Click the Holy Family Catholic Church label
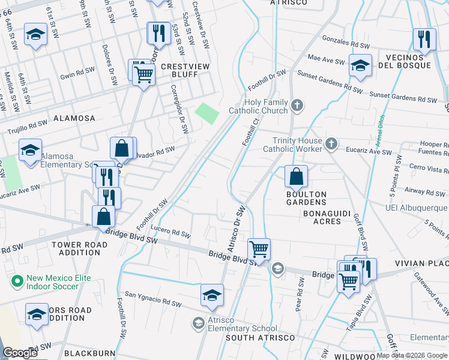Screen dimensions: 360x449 point(258,106)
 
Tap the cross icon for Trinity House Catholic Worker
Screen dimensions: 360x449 point(331,144)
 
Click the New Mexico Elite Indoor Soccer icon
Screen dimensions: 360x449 point(17,280)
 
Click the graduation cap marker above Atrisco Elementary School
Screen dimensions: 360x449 point(212,296)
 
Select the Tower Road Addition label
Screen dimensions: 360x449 point(76,248)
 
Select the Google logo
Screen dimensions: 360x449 point(20,353)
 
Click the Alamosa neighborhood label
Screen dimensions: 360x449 point(74,118)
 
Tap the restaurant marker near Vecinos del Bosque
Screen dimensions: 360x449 point(424,40)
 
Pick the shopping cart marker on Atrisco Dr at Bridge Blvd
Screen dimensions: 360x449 point(259,248)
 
